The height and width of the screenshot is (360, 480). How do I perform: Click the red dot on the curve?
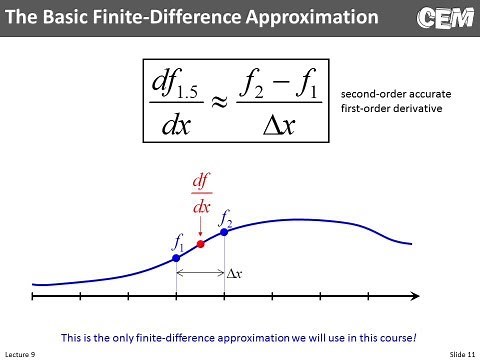click(x=201, y=244)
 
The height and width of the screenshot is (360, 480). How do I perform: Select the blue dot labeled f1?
click(x=176, y=258)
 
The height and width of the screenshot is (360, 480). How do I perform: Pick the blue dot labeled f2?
click(x=224, y=231)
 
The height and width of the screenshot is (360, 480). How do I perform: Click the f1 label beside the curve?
click(x=178, y=240)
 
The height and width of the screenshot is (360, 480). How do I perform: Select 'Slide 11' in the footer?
click(x=458, y=353)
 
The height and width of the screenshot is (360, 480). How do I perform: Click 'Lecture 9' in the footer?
click(x=19, y=353)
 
